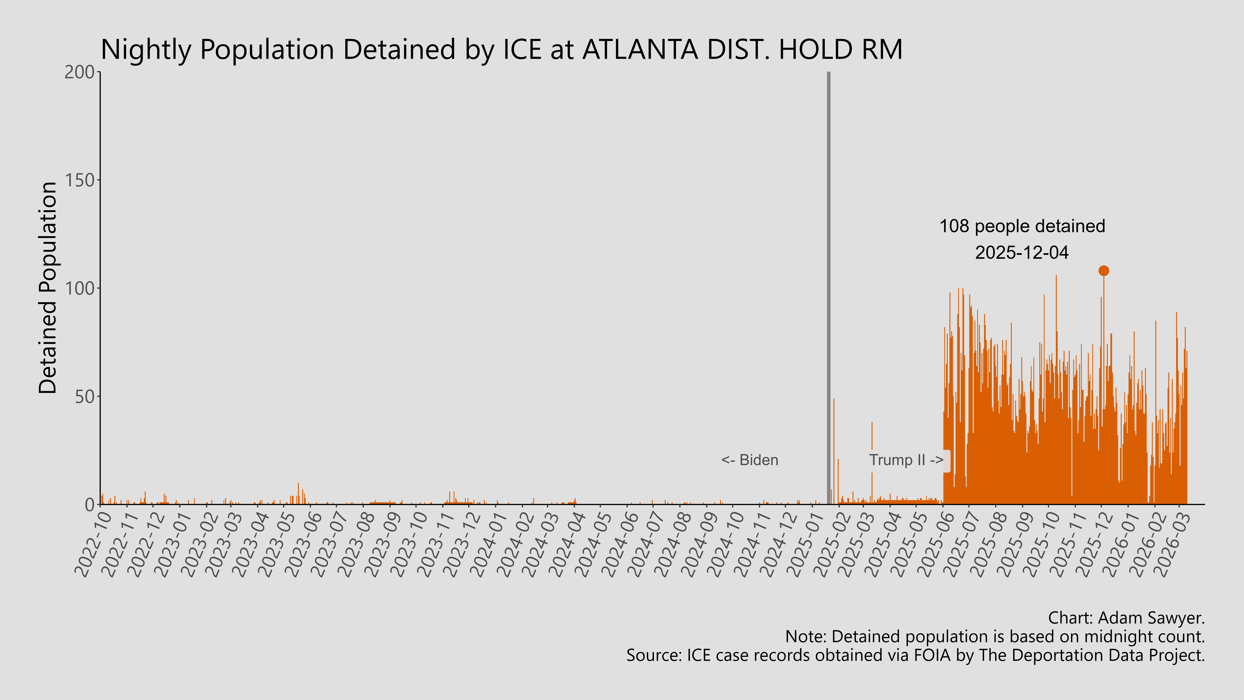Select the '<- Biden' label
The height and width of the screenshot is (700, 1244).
click(750, 460)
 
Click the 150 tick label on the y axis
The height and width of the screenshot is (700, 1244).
click(80, 180)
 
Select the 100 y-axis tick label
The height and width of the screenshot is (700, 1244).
click(80, 288)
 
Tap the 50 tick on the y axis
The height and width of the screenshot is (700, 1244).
click(84, 397)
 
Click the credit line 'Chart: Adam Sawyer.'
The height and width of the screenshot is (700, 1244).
click(1126, 618)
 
